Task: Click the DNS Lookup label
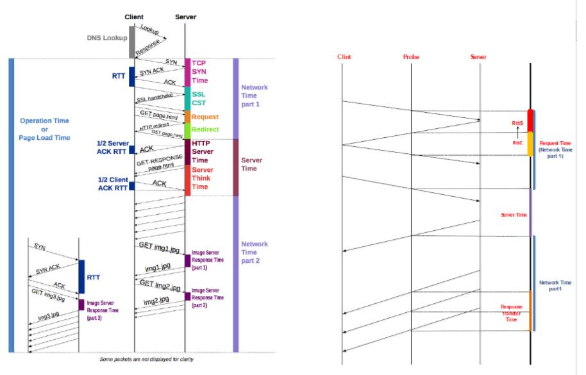107,38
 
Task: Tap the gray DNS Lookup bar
132,42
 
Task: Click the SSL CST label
199,97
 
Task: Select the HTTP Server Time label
205,151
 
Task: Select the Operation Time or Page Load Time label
44,129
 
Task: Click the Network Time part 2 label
254,253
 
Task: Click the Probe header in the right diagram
411,57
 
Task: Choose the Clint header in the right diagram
344,57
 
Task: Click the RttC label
517,144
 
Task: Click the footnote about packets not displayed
147,359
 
